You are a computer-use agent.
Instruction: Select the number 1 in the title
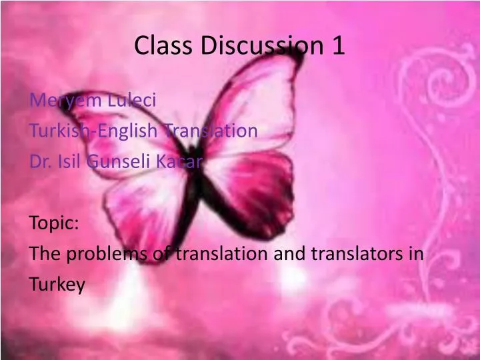click(337, 45)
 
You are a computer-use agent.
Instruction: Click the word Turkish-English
click(93, 131)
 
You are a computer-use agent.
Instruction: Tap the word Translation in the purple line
click(209, 131)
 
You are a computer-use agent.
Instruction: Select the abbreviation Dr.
click(39, 161)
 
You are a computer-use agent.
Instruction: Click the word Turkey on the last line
click(58, 285)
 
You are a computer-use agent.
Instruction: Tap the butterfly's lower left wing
click(143, 213)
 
